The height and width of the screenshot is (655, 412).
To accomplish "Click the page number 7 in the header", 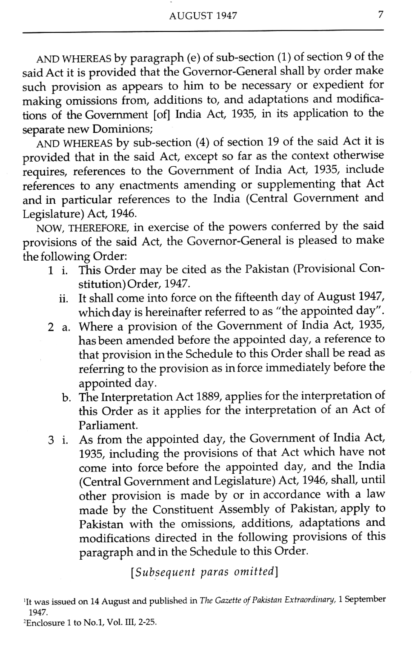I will (381, 15).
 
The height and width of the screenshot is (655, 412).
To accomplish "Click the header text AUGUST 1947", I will (203, 16).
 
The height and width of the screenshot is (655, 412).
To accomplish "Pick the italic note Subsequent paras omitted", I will (204, 571).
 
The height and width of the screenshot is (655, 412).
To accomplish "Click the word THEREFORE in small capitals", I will (88, 228).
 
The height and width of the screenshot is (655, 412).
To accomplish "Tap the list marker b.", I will (66, 398).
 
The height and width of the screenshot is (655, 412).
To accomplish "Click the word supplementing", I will (287, 185).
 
